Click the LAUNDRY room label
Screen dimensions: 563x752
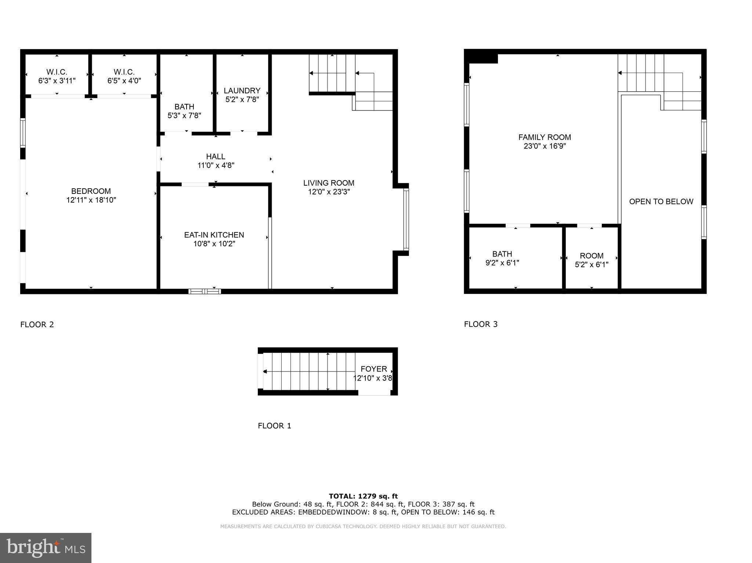[242, 91]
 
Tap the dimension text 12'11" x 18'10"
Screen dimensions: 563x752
[91, 200]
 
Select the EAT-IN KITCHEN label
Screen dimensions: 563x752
[214, 235]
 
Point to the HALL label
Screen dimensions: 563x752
[216, 157]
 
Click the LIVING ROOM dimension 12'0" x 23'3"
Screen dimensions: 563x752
[329, 192]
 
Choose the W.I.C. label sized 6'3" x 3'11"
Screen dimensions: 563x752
[57, 72]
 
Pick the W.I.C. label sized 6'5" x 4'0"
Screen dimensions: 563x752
[124, 72]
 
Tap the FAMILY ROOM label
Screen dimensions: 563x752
[545, 137]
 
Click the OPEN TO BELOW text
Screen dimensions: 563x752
[661, 201]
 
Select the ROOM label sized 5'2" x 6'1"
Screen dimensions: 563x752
[592, 256]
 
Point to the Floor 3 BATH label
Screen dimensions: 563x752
[502, 254]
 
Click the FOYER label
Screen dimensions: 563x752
[374, 369]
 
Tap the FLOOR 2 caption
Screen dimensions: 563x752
[37, 324]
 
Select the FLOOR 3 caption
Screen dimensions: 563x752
[481, 324]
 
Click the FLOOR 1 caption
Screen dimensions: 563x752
[274, 426]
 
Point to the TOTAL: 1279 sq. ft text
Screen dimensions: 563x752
[363, 496]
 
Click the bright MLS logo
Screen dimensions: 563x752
[46, 548]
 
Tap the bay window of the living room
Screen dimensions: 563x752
[406, 219]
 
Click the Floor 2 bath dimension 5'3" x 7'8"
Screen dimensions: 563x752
[184, 116]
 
